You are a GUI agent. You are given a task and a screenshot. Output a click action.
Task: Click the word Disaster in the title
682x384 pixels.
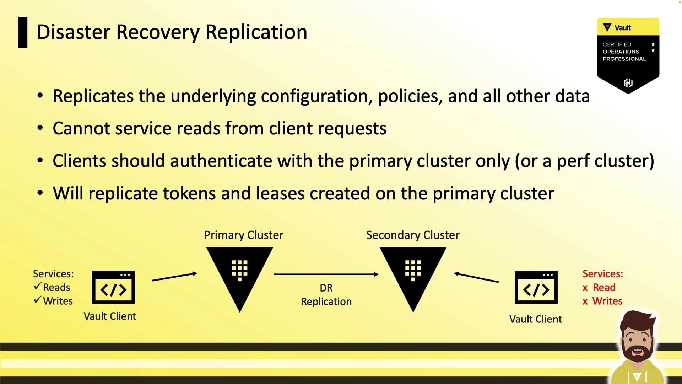(74, 32)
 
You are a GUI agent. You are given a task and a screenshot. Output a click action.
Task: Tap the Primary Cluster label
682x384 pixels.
(244, 235)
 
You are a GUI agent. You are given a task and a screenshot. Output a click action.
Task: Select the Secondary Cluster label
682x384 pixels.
(413, 235)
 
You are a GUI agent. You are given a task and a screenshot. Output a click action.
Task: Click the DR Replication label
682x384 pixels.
(326, 295)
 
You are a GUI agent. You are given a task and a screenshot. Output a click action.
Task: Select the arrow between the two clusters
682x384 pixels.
(326, 274)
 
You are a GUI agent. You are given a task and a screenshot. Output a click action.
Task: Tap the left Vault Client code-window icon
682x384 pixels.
(113, 287)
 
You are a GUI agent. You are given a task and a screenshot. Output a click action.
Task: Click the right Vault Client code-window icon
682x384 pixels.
(536, 287)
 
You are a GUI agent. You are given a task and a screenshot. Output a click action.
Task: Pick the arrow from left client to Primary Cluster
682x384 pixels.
(175, 277)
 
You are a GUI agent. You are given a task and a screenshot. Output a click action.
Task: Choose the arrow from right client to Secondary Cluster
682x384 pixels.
(476, 277)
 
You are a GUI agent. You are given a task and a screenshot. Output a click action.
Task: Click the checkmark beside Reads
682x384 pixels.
(38, 286)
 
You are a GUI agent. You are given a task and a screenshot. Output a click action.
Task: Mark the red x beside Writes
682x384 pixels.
(585, 302)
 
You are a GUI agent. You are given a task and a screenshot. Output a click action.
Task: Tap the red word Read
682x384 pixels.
(604, 287)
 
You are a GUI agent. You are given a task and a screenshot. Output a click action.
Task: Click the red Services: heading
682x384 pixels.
(603, 274)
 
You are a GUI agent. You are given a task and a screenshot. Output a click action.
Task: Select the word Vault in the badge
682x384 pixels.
(623, 28)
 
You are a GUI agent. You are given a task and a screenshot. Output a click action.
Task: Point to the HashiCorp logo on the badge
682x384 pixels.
(628, 83)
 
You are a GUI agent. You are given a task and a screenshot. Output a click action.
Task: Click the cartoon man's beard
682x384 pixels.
(638, 350)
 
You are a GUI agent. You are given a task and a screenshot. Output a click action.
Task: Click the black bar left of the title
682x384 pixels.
(23, 32)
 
